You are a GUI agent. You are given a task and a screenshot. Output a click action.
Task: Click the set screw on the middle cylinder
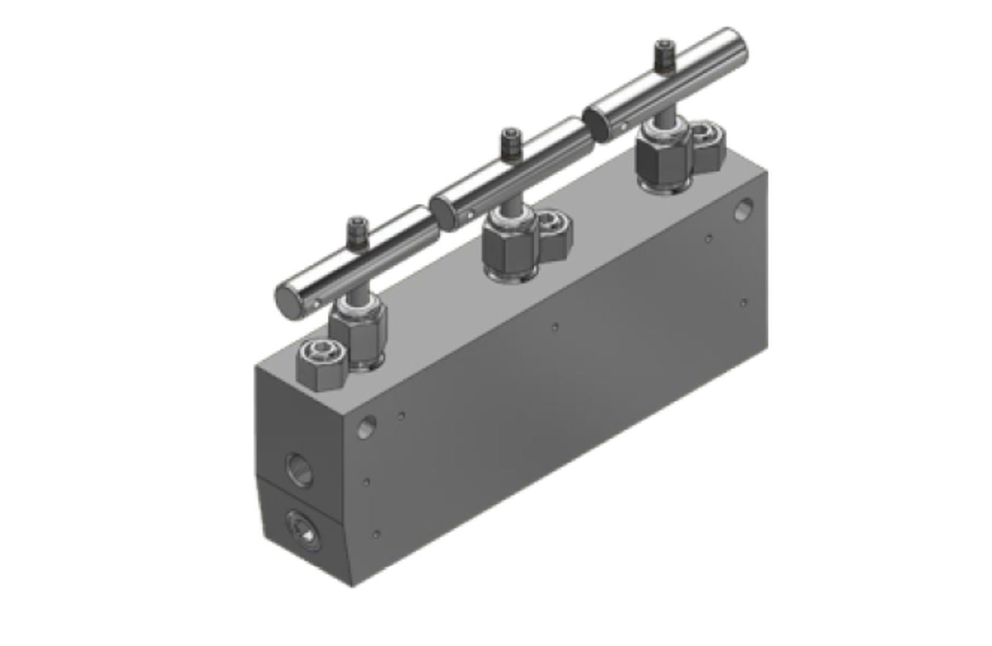(x=510, y=143)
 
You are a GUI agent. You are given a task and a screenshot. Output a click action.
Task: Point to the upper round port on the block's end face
(x=298, y=469)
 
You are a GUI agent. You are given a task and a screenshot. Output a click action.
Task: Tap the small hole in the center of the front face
(x=555, y=326)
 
